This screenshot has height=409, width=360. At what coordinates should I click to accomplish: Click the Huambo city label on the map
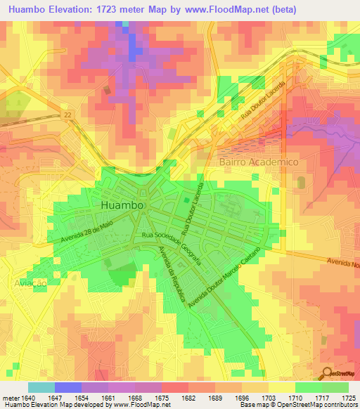point(123,204)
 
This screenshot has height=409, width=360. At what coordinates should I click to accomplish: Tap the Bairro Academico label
point(254,162)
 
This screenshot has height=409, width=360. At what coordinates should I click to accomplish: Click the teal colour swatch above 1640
point(41,387)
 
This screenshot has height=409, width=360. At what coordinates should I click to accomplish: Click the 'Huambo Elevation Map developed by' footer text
point(51,405)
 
